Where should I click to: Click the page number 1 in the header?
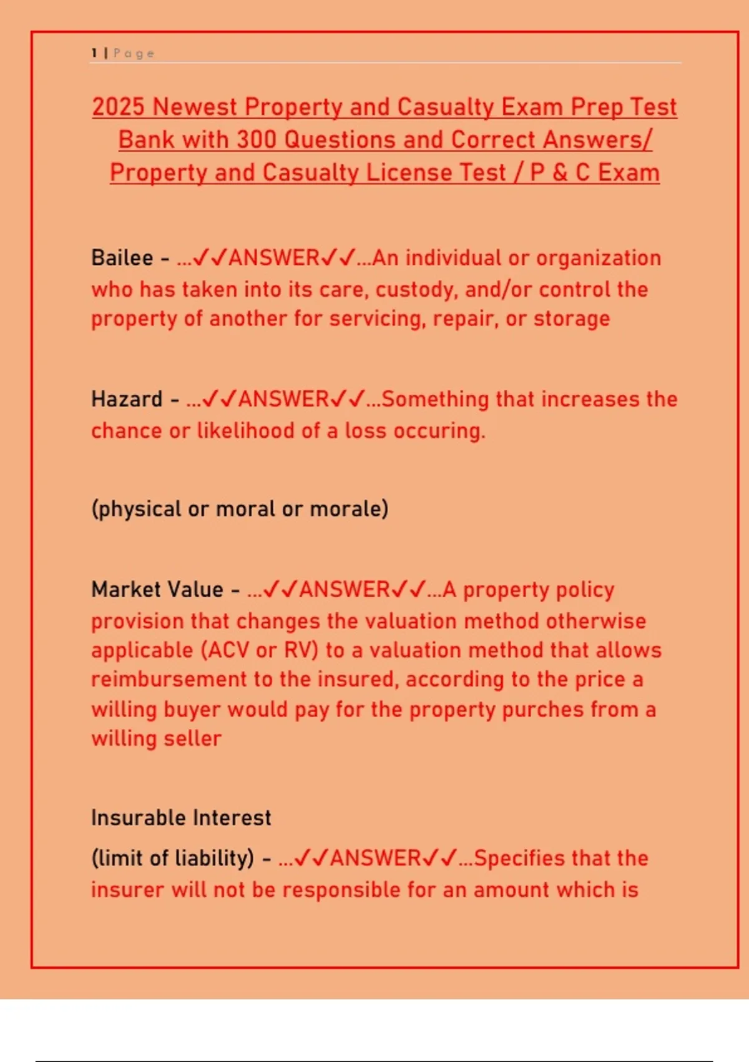(94, 53)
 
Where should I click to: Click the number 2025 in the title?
(118, 107)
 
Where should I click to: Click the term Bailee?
(122, 258)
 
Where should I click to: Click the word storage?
(572, 319)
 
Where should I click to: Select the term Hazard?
(127, 399)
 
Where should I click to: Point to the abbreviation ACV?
(227, 650)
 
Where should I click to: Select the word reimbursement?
(169, 680)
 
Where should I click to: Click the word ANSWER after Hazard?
(284, 399)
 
